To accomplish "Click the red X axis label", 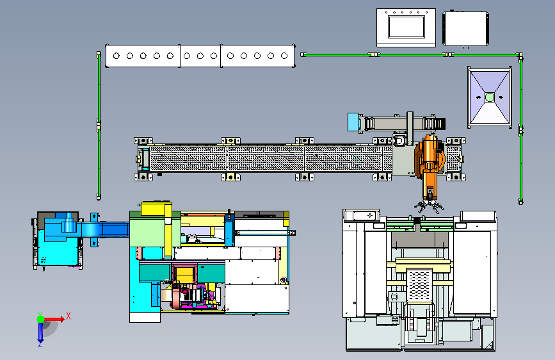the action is pos(68,316).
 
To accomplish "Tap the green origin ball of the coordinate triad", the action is pos(41,319).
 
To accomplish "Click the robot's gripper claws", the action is pos(429,206).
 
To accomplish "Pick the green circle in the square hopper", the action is pos(490,97).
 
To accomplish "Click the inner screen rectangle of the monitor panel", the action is pos(406,27).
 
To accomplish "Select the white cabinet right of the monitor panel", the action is pos(465,29).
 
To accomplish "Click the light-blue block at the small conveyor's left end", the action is pos(353,122).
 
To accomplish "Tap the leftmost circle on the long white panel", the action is pos(117,56).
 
